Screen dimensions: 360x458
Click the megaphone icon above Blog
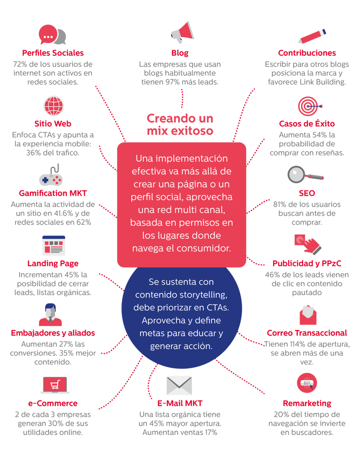point(181,32)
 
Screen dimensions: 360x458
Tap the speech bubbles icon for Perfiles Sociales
point(52,35)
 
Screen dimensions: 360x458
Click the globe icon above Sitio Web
point(53,107)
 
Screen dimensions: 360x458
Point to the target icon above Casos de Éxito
point(308,106)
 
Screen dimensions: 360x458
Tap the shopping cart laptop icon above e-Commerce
point(55,386)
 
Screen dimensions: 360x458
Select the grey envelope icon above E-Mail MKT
point(180,386)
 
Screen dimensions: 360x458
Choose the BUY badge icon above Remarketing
point(307,384)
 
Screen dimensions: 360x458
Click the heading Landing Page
point(53,263)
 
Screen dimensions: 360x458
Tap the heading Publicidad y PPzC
point(307,263)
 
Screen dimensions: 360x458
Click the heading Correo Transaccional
point(307,333)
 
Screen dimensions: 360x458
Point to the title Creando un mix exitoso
point(180,124)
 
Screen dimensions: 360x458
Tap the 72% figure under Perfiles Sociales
point(22,64)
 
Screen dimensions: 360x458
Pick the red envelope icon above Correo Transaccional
point(307,315)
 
